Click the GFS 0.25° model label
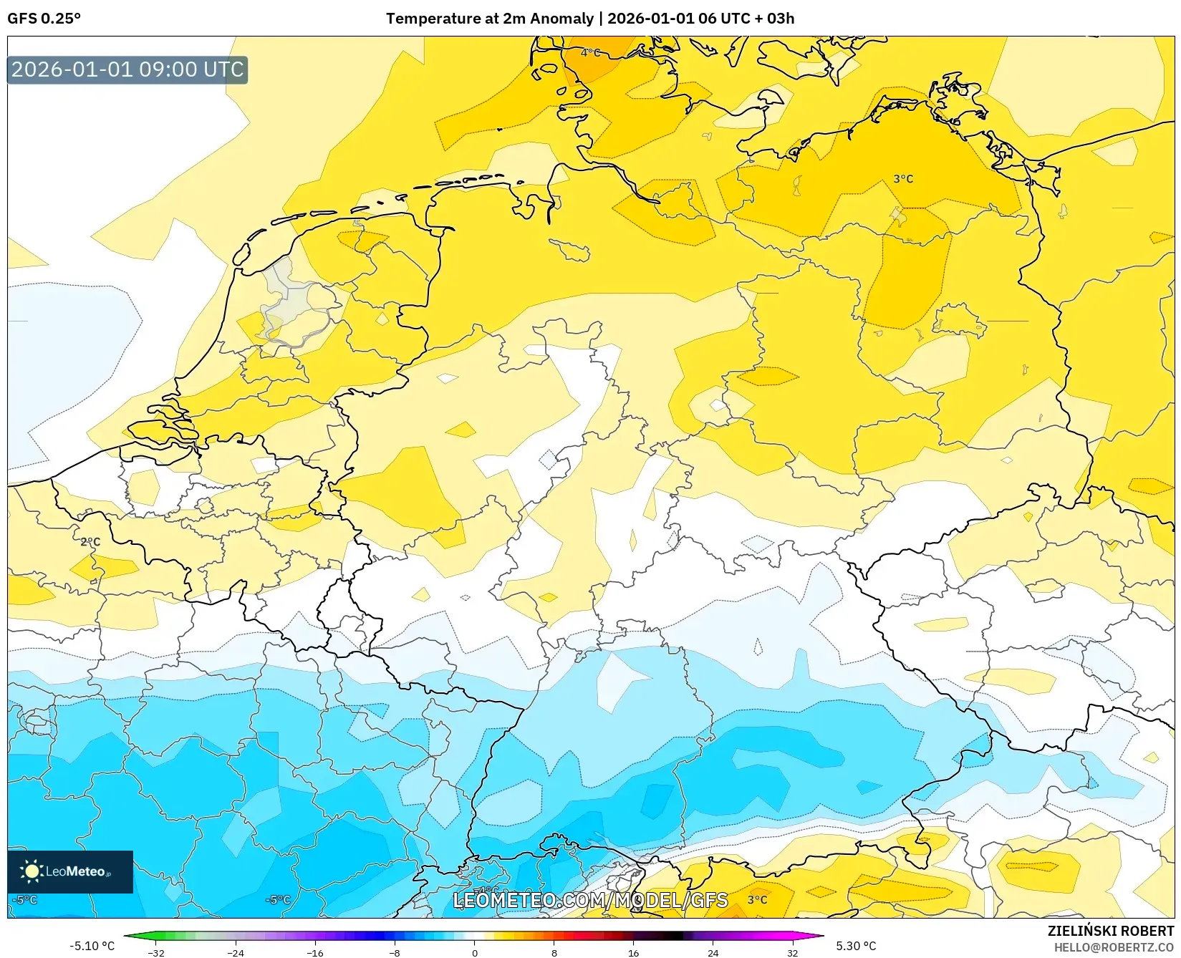tap(44, 19)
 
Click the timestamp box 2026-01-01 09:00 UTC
tap(127, 69)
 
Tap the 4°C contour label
tap(590, 52)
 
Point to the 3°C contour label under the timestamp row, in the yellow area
tap(902, 179)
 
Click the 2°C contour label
tap(90, 542)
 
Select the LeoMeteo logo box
tap(70, 871)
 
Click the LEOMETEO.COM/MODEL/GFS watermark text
tap(590, 900)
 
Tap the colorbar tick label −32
tap(156, 953)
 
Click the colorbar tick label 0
tap(474, 953)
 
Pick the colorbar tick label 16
tap(633, 953)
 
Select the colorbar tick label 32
tap(792, 953)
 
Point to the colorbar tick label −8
tap(395, 953)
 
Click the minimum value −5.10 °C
tap(92, 946)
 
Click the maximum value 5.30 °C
tap(856, 946)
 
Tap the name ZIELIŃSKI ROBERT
tap(1110, 931)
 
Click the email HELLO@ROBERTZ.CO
tap(1113, 947)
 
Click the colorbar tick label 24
tap(713, 953)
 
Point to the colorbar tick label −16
tap(315, 953)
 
